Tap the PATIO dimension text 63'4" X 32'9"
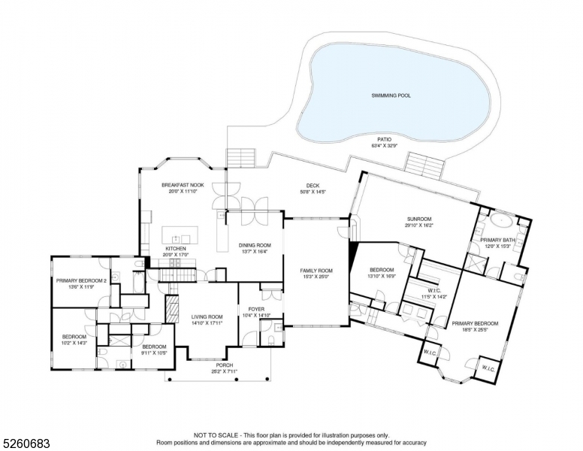[x=384, y=146]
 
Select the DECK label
[x=313, y=186]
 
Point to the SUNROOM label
[x=419, y=219]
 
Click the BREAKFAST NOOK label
[x=183, y=185]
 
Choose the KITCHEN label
[x=176, y=249]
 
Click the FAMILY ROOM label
[x=316, y=271]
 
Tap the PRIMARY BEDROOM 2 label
[x=81, y=280]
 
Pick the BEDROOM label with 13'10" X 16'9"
[x=382, y=270]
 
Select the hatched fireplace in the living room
[x=173, y=307]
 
